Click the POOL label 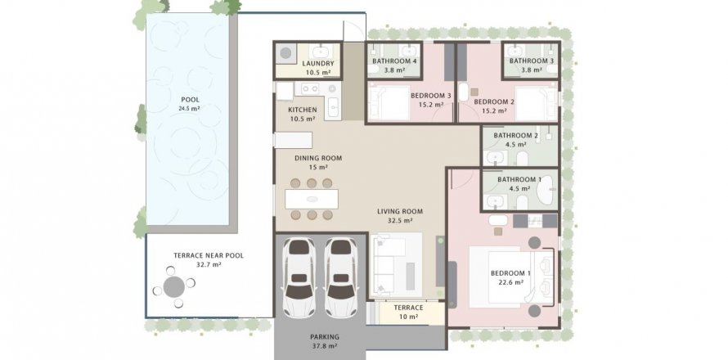tap(191, 100)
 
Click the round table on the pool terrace tap(174, 287)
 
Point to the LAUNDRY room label tap(318, 64)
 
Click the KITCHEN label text tap(303, 110)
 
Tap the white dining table tap(312, 199)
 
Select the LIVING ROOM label tap(400, 211)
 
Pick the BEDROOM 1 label tap(507, 273)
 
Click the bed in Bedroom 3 tap(389, 102)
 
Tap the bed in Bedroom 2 tap(537, 104)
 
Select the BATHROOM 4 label tap(391, 61)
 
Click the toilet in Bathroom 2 tap(522, 159)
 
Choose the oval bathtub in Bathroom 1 tap(546, 191)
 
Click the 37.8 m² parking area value tap(325, 346)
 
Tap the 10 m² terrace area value tap(408, 317)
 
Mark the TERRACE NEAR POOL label tap(209, 255)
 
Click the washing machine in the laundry tap(286, 53)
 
